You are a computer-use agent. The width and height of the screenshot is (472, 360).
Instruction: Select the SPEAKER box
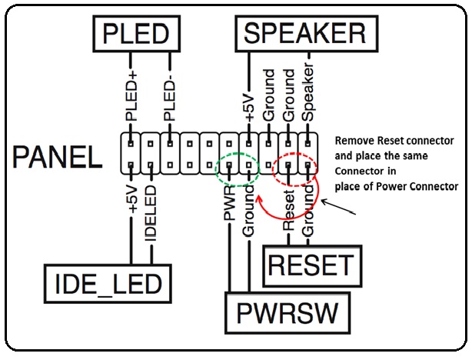[304, 34]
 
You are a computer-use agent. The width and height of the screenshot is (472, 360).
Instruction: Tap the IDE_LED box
[106, 282]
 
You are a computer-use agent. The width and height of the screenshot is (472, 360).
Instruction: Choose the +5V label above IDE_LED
[132, 199]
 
